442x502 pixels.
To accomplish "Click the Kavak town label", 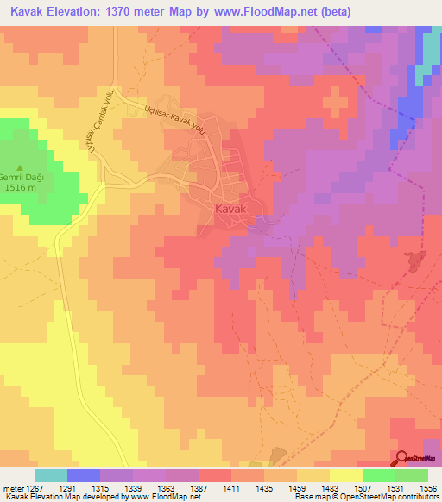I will click(230, 209).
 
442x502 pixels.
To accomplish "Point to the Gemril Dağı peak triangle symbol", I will click(22, 167).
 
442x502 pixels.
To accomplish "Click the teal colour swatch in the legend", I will click(51, 475).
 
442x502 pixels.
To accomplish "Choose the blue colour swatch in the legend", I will click(84, 475).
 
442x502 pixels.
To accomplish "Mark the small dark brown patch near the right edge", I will click(413, 260).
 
